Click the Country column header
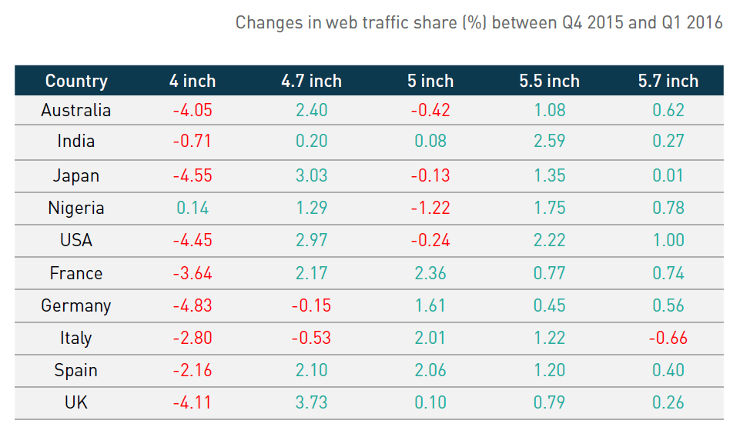76,81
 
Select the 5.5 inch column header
549,81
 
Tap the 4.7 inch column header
311,81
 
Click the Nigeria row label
76,208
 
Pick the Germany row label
76,305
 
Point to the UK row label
76,402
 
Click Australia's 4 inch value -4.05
192,110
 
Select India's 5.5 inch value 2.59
549,142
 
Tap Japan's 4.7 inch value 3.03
311,175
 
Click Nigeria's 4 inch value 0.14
192,208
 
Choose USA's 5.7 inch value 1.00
668,240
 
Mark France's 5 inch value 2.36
430,273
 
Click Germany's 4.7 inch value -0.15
311,305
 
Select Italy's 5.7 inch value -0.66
668,338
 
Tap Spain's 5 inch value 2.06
430,370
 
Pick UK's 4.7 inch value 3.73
311,402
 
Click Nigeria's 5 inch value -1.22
430,208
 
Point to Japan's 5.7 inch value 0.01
668,175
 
